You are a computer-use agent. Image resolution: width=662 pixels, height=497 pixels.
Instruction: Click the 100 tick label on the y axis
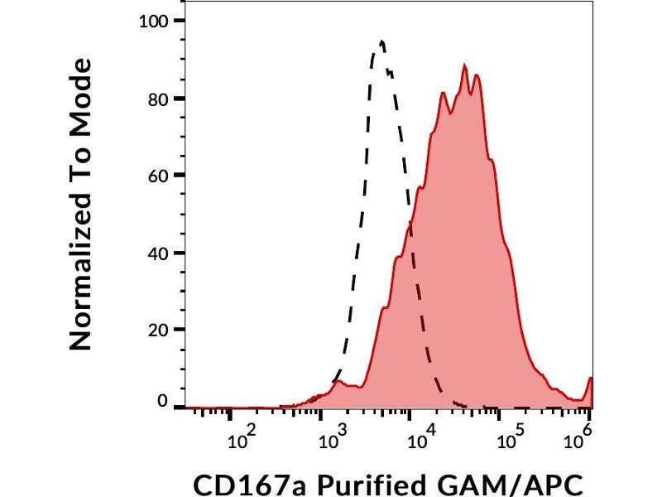[x=151, y=22]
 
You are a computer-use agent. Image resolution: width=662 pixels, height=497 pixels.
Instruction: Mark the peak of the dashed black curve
[x=381, y=41]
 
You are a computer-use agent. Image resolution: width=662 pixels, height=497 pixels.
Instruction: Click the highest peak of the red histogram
[x=465, y=66]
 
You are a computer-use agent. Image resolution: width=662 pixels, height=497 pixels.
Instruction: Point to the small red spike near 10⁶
[x=590, y=379]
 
